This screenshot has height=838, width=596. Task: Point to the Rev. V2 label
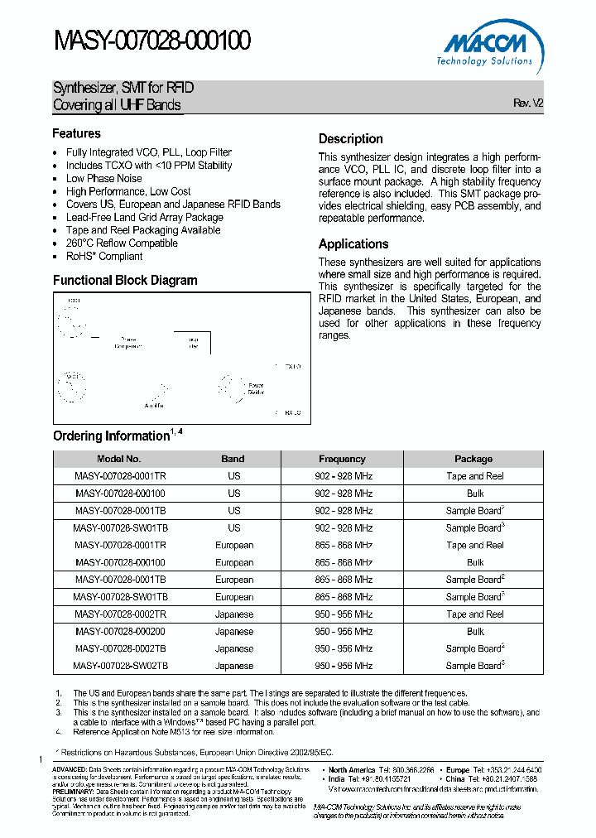(528, 104)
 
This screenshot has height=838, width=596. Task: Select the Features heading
(76, 133)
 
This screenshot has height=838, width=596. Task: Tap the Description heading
(350, 139)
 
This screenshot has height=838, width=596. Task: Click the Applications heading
(353, 244)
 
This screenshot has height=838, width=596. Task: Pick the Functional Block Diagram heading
(125, 280)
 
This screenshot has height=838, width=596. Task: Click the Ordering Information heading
(111, 436)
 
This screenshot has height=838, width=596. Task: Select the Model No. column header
(119, 459)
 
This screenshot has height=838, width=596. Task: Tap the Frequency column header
(342, 459)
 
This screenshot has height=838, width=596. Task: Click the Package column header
(473, 459)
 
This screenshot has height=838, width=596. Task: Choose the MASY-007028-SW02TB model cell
(120, 666)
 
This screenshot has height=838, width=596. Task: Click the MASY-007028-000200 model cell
(120, 631)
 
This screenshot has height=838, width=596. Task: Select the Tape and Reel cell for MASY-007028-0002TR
(474, 614)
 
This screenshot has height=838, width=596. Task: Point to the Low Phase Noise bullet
(103, 178)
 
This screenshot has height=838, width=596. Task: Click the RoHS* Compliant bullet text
(104, 256)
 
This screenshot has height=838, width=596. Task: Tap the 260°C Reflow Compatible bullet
(122, 243)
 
